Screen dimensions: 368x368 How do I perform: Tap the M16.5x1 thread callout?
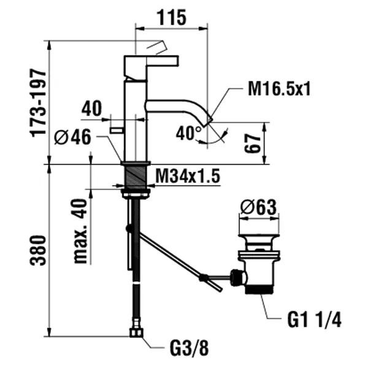coord(280,89)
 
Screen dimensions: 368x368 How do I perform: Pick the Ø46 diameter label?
coord(72,138)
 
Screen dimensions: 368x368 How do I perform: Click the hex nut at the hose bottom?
coord(136,333)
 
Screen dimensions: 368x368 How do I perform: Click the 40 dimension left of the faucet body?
coord(91,109)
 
